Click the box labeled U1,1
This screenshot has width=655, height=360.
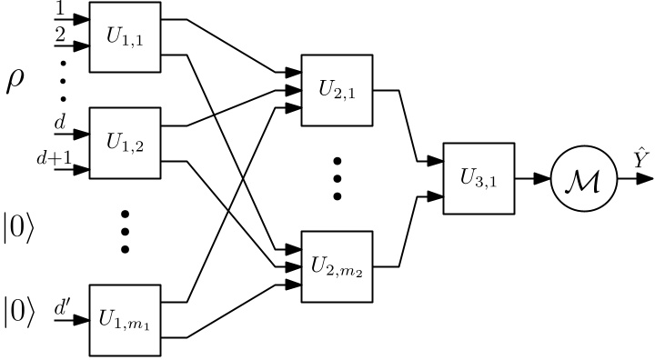125,37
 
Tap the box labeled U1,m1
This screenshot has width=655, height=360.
125,320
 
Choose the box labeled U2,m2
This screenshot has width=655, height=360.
337,267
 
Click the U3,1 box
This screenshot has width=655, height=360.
477,178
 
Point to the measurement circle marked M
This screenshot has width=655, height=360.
577,179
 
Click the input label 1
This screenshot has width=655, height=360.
61,8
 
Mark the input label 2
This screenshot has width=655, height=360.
61,34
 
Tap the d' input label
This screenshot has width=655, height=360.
61,307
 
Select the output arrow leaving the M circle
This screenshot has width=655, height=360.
627,179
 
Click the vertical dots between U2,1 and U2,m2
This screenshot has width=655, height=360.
337,178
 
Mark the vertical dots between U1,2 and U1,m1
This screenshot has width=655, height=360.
125,231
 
